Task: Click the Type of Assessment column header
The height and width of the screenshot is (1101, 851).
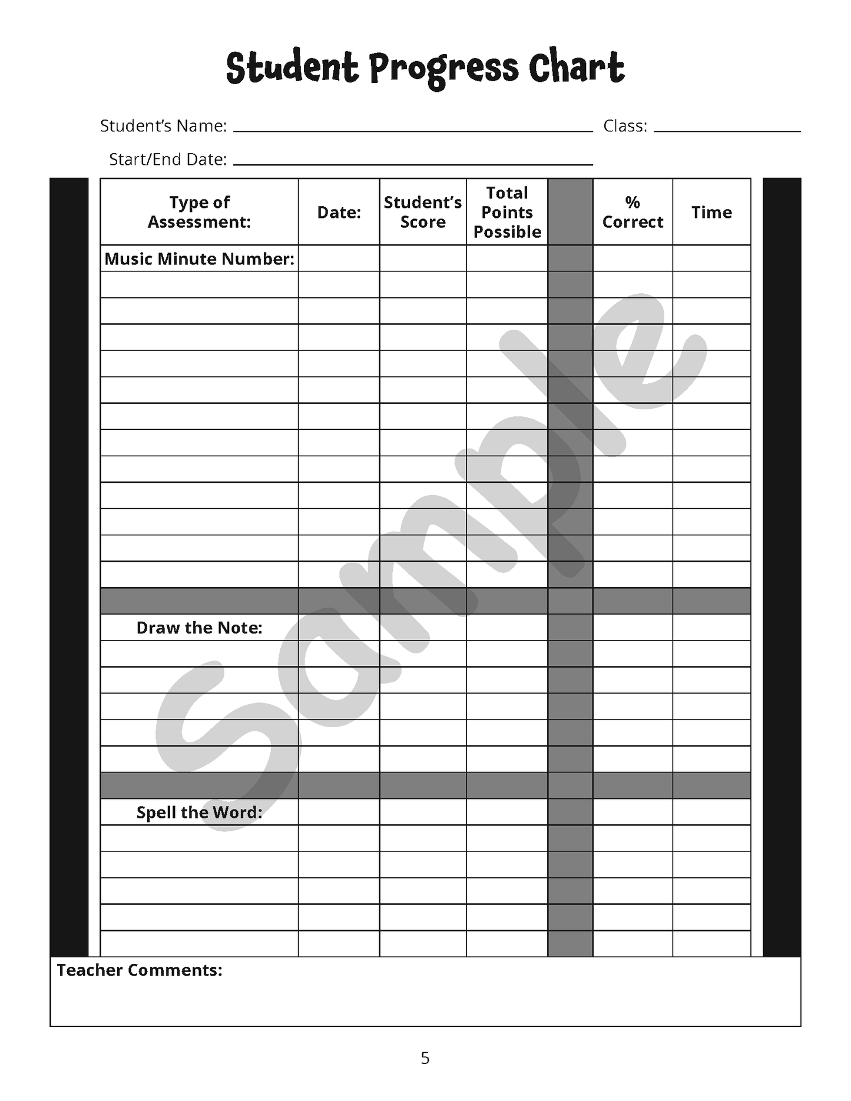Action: tap(199, 212)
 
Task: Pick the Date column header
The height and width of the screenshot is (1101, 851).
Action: tap(339, 212)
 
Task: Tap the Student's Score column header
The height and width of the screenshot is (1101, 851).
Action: tap(423, 212)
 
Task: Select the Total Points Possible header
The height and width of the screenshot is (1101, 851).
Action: tap(507, 212)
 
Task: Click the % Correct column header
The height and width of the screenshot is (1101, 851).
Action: tap(633, 212)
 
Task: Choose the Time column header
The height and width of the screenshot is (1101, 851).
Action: tap(711, 212)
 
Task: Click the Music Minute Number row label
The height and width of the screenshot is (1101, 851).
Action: tap(199, 258)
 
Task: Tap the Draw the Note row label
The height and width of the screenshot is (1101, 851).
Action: tap(199, 628)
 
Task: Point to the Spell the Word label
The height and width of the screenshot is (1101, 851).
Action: tap(199, 813)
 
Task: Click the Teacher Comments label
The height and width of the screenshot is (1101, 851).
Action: tap(140, 970)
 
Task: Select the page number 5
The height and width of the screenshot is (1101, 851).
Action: tap(425, 1059)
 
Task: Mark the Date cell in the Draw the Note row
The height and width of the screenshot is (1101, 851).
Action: tap(339, 628)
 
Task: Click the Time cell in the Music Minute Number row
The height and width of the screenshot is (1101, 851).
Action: tap(711, 258)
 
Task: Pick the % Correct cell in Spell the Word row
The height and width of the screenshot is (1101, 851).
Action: tap(633, 813)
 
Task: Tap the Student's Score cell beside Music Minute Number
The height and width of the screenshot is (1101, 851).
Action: tap(423, 258)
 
